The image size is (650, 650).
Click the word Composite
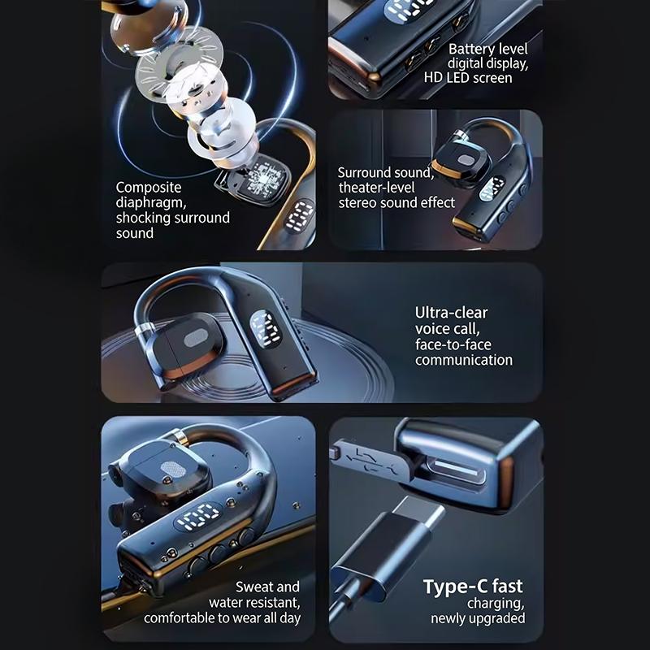coord(149,188)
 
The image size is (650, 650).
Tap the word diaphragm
coord(151,202)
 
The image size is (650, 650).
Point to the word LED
coord(458,78)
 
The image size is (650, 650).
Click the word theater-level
coord(376,188)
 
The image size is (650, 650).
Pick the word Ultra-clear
coord(451,313)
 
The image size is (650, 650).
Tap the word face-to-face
coord(453,344)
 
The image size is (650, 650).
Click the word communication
coord(463,360)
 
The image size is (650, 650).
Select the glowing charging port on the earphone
coord(457,471)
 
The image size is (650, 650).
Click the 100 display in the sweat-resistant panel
coord(198,517)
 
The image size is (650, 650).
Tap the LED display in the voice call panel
coord(265,329)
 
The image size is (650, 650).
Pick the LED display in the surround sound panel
coord(492,189)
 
